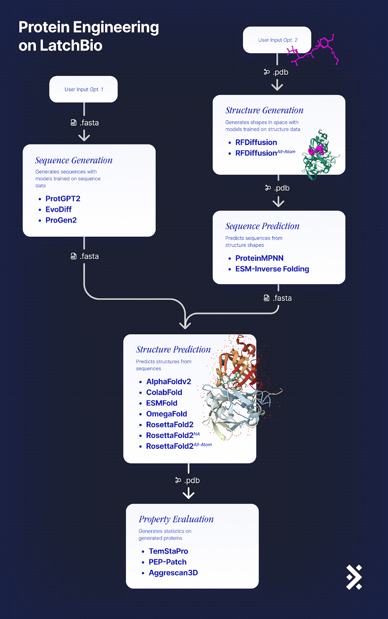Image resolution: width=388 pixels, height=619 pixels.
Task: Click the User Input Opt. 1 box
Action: point(84,89)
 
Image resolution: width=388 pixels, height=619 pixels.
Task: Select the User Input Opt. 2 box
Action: point(277,40)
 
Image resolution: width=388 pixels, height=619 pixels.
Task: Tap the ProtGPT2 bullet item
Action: point(63,198)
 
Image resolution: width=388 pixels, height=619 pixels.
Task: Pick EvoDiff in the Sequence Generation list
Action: point(58,209)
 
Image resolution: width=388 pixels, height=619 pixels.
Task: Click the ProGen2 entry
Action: point(61,220)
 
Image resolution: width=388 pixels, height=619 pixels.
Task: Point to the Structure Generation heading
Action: point(264,111)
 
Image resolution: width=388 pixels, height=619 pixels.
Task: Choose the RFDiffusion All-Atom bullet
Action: point(265,153)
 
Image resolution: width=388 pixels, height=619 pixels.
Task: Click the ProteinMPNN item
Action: point(259,258)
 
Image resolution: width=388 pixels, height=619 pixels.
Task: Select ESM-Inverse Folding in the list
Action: point(272,269)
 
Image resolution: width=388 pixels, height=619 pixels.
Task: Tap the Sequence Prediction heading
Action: point(262,226)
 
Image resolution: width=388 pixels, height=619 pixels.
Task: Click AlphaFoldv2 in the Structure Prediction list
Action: point(168,381)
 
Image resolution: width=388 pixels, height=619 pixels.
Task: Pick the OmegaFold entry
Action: point(166,414)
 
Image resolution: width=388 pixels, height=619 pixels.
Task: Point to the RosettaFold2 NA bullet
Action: point(173,435)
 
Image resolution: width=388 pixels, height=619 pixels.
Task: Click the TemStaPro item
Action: point(168,551)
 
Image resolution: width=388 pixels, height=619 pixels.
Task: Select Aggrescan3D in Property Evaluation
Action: point(173,573)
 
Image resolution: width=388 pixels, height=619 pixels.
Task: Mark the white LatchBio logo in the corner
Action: point(354,577)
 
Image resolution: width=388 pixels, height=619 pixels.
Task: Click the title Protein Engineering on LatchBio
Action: point(89,36)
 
